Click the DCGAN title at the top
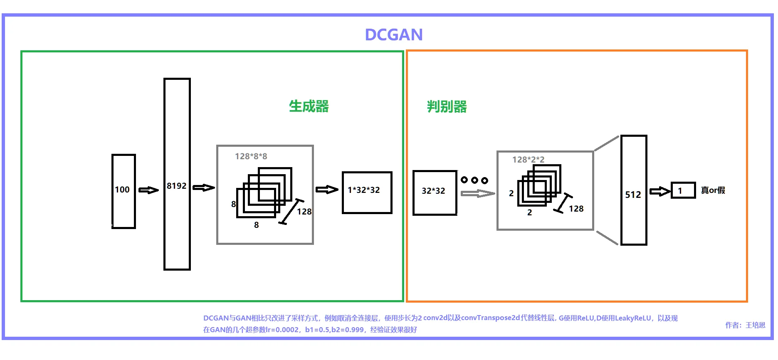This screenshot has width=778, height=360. [393, 35]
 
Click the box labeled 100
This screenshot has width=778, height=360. [123, 191]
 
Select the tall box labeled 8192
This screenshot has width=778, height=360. [177, 174]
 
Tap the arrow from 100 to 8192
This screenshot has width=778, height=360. [148, 190]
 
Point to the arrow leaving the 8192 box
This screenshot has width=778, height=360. [204, 187]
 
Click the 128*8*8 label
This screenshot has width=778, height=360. [251, 156]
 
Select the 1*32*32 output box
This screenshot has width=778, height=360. [367, 192]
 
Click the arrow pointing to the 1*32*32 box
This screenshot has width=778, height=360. [327, 190]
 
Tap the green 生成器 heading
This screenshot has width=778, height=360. [309, 106]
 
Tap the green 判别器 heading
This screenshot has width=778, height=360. [447, 107]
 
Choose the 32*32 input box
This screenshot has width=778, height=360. [435, 192]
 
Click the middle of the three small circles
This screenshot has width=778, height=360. [474, 180]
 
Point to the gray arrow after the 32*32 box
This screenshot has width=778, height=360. [478, 193]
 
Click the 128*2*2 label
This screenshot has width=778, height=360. [528, 160]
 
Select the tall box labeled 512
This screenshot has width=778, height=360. [634, 190]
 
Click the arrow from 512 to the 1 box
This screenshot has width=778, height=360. [660, 191]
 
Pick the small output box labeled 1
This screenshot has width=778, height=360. [683, 190]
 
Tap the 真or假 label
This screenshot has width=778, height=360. [713, 190]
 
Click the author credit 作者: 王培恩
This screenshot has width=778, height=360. [745, 325]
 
